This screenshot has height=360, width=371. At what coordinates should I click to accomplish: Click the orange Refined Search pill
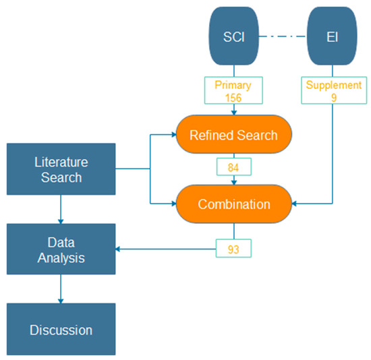pyautogui.click(x=234, y=135)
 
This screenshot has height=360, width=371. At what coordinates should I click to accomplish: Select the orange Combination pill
pyautogui.click(x=234, y=203)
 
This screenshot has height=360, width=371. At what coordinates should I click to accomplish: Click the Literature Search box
pyautogui.click(x=61, y=169)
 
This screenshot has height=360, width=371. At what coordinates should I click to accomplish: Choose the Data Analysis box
pyautogui.click(x=61, y=249)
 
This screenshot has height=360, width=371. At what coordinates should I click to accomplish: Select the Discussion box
pyautogui.click(x=61, y=330)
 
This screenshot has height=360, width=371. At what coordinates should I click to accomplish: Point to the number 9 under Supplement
pyautogui.click(x=333, y=97)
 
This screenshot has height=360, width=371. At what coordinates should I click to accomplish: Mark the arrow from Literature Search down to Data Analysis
pyautogui.click(x=61, y=210)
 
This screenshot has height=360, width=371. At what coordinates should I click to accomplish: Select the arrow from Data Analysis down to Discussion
pyautogui.click(x=61, y=290)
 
